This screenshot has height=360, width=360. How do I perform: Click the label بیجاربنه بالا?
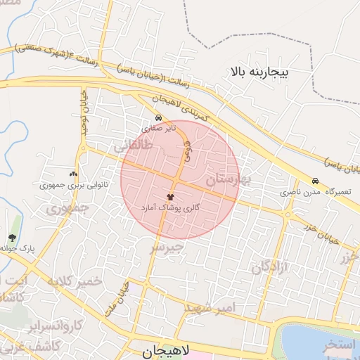click(x=269, y=71)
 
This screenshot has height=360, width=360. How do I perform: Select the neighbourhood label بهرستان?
click(x=224, y=179)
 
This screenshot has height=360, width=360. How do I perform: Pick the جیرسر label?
click(x=167, y=247)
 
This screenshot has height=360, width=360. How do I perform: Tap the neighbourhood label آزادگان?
click(x=271, y=268)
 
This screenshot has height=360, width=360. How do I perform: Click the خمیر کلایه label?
click(x=75, y=281)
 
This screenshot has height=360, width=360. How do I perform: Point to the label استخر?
click(x=340, y=346)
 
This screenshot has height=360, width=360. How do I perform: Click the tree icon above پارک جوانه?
click(x=12, y=238)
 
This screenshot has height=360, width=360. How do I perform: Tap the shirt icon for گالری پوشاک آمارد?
click(x=170, y=197)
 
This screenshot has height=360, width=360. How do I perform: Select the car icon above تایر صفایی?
click(x=159, y=118)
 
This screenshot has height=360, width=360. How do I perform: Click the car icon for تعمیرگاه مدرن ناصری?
click(x=315, y=181)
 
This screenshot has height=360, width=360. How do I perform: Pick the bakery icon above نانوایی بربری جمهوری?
click(x=73, y=174)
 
